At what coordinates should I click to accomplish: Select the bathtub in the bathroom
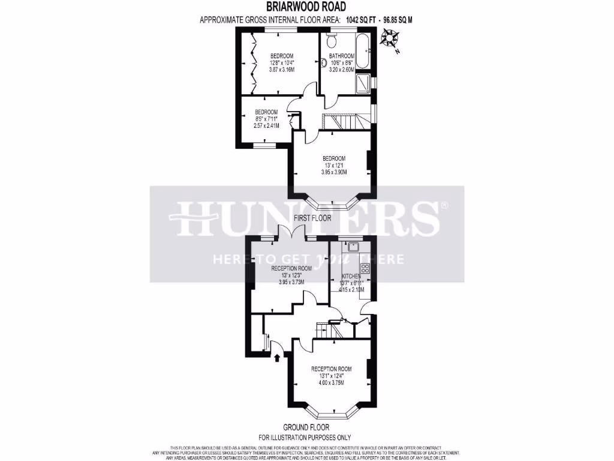point(364,52)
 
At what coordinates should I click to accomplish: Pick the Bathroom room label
point(342,56)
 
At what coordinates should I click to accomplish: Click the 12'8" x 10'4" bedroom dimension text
point(281,62)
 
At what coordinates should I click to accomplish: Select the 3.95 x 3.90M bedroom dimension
point(334,172)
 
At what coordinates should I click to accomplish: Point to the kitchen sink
point(353,246)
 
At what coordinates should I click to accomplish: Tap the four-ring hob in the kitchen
point(364,268)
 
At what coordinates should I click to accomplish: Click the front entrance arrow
point(277,358)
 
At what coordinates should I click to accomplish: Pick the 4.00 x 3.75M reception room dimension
point(331,383)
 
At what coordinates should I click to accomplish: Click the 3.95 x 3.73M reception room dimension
point(291,282)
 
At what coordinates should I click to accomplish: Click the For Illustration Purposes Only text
point(305,438)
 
